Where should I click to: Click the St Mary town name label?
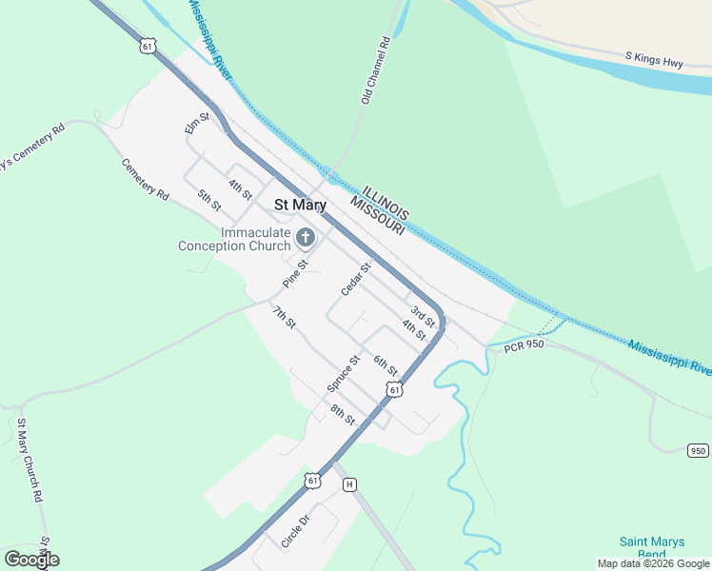[300, 205]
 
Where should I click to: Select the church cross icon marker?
[306, 237]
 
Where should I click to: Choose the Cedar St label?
[355, 279]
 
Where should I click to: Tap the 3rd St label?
[423, 316]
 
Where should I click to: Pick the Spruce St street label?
[343, 373]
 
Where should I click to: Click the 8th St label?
[343, 415]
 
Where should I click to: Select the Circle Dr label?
[295, 532]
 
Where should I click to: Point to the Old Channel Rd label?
[376, 70]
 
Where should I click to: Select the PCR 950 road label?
[524, 345]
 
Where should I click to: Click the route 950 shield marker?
[698, 451]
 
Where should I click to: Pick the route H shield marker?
[349, 483]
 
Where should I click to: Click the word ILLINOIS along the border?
[386, 201]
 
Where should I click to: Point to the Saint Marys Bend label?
[652, 547]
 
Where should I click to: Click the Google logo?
[31, 560]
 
